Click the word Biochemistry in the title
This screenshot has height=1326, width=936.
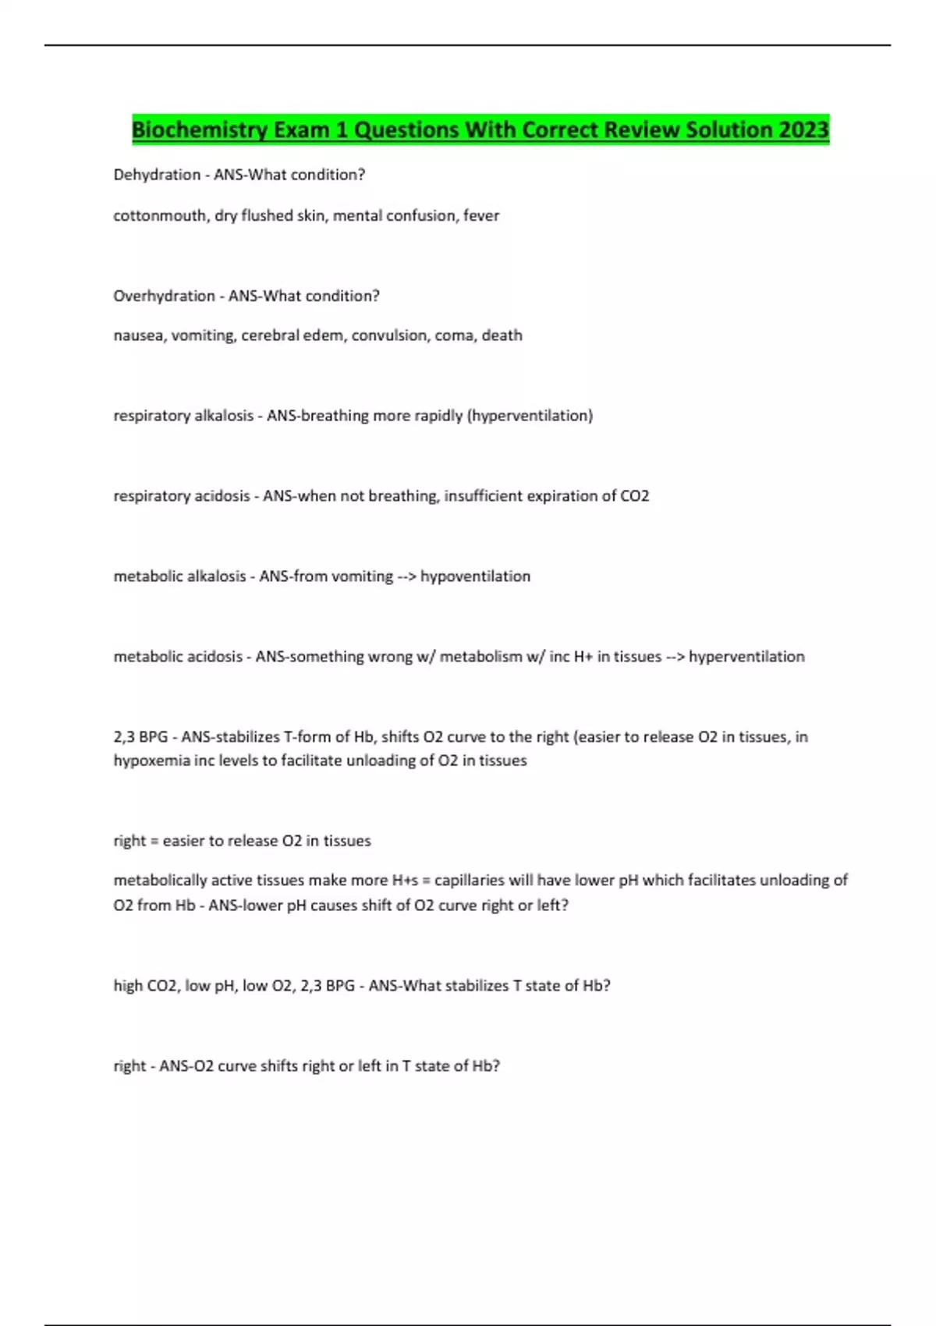pyautogui.click(x=200, y=129)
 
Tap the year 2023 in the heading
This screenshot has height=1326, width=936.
pyautogui.click(x=803, y=129)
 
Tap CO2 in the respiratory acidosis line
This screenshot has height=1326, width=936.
pyautogui.click(x=634, y=496)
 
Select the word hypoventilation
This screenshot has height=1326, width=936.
pyautogui.click(x=475, y=576)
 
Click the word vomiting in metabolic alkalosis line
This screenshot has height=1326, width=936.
pyautogui.click(x=362, y=576)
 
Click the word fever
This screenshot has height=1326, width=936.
pyautogui.click(x=481, y=215)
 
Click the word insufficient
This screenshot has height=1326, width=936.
pyautogui.click(x=483, y=496)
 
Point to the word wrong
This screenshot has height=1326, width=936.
pyautogui.click(x=390, y=657)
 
